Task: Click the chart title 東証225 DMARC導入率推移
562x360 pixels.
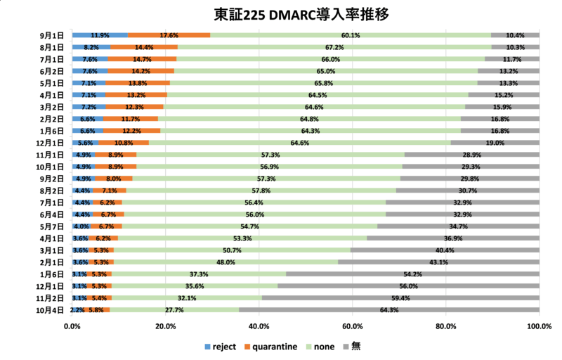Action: point(281,14)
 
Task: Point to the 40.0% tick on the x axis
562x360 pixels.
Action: point(259,326)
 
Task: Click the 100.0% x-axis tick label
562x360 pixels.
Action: point(539,326)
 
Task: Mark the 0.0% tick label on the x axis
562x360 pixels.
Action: point(72,326)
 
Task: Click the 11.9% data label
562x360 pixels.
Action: point(100,35)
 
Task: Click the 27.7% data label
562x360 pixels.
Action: point(174,310)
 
